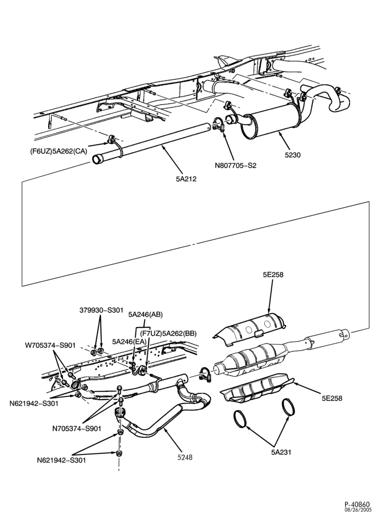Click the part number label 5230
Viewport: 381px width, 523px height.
[293, 155]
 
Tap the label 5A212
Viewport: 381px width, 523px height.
[186, 179]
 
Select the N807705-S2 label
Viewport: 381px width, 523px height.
[236, 165]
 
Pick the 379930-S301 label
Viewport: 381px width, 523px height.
[101, 310]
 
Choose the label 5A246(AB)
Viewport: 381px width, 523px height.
[146, 314]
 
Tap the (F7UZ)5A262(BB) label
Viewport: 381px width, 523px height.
[168, 333]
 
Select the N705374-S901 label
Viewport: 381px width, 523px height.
[77, 428]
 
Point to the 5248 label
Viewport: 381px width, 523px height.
[185, 457]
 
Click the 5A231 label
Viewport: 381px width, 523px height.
[281, 452]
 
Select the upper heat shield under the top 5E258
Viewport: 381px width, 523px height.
[250, 329]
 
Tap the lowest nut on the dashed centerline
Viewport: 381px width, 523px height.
[119, 453]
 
